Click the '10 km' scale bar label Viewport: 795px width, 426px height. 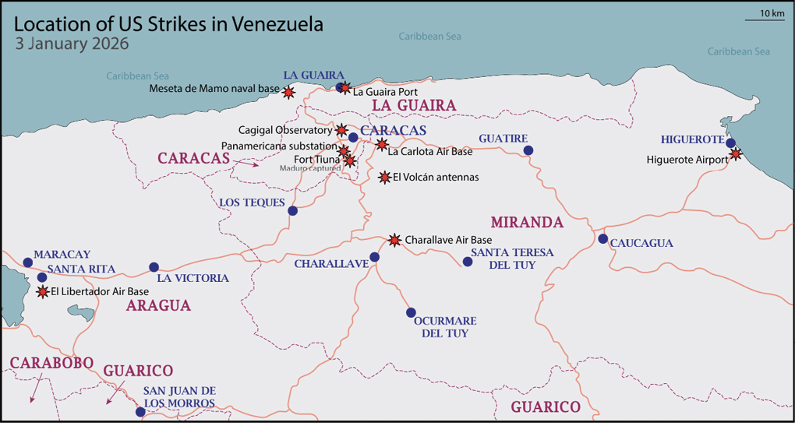pos(771,13)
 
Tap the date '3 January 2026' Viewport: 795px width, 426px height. pos(72,44)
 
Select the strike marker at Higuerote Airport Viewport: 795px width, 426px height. pos(736,154)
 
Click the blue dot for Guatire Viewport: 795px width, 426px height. pos(528,150)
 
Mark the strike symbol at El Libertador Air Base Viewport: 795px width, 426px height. pos(42,292)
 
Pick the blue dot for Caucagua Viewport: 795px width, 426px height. pos(602,238)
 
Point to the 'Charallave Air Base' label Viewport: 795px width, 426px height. pos(448,241)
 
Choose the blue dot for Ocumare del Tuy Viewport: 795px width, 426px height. pos(411,312)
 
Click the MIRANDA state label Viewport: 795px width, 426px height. pos(526,223)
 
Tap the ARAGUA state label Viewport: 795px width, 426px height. pos(158,306)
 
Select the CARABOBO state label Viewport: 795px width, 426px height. pos(52,363)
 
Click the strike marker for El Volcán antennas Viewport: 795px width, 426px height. pos(384,178)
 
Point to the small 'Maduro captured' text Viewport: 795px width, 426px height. pos(310,167)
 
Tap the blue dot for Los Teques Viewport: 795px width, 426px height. pos(292,210)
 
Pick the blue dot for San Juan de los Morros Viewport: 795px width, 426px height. pos(140,411)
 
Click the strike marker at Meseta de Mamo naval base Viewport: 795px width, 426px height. pos(288,92)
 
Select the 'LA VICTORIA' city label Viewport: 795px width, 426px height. pos(193,278)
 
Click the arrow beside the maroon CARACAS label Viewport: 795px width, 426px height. pos(250,164)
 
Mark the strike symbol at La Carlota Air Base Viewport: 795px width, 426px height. pos(381,144)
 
